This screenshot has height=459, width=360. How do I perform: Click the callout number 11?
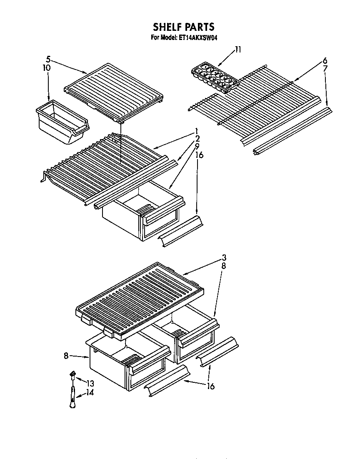pyautogui.click(x=237, y=50)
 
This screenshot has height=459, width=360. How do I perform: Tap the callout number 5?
pyautogui.click(x=48, y=59)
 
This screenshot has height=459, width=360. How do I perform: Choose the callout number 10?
pyautogui.click(x=47, y=67)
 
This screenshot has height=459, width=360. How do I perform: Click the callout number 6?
pyautogui.click(x=325, y=60)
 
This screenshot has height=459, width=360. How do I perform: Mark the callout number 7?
pyautogui.click(x=325, y=68)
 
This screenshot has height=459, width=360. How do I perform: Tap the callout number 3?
pyautogui.click(x=224, y=257)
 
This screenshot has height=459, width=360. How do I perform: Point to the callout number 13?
pyautogui.click(x=90, y=384)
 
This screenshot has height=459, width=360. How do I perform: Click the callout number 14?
pyautogui.click(x=90, y=392)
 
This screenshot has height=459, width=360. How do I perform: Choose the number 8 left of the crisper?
pyautogui.click(x=66, y=356)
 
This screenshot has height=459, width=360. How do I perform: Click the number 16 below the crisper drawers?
pyautogui.click(x=211, y=387)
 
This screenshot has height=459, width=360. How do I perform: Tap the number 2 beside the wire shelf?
pyautogui.click(x=197, y=138)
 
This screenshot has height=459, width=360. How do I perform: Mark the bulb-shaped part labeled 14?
pyautogui.click(x=73, y=399)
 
